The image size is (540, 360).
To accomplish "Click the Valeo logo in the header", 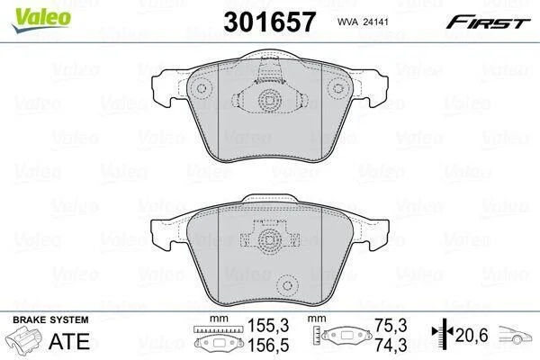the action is [41, 20].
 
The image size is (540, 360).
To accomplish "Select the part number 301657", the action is [269, 22].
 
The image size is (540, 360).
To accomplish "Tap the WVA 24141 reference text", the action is [363, 22].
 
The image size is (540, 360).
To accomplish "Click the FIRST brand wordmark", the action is [488, 22].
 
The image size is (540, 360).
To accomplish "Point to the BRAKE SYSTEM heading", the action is [50, 319].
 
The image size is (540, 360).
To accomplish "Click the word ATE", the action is [69, 341].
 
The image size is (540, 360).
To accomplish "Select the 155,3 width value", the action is [268, 325].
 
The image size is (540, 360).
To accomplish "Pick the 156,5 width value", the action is [268, 345].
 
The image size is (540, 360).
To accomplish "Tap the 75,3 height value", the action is [391, 325].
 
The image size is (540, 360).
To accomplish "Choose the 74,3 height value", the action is [391, 345].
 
